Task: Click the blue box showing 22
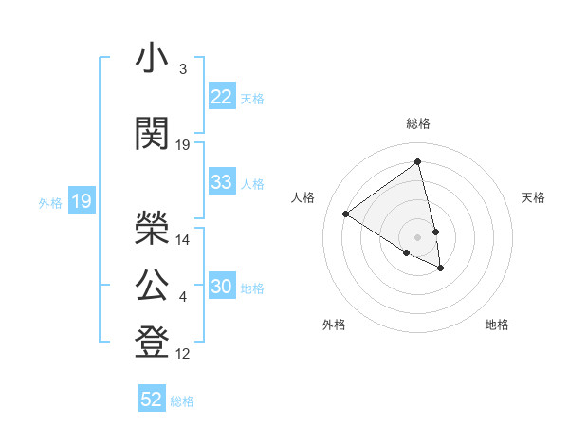tap(221, 97)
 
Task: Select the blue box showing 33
tap(221, 182)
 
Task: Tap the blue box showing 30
tap(221, 288)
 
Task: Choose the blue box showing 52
tap(152, 400)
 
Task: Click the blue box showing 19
tap(81, 201)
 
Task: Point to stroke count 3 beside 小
tap(182, 69)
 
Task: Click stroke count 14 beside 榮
tap(183, 240)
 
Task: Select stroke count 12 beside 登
tap(183, 355)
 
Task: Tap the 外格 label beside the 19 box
tap(50, 202)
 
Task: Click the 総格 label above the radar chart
tap(418, 123)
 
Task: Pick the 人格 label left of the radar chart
tap(303, 197)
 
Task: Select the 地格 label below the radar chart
tap(497, 325)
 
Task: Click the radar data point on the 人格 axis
tap(346, 214)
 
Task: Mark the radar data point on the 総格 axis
tap(417, 162)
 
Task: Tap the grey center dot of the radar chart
tap(417, 235)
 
